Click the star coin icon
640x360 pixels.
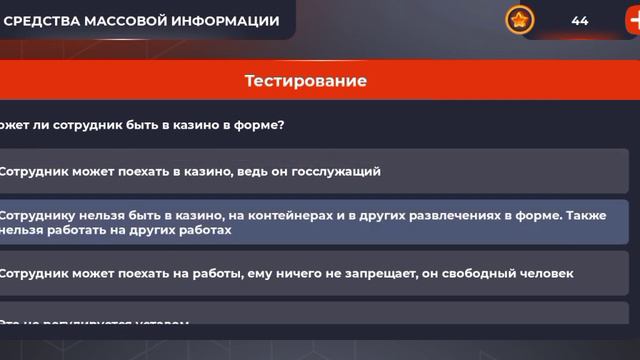pyautogui.click(x=519, y=20)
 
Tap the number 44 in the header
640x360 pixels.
pyautogui.click(x=580, y=20)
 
